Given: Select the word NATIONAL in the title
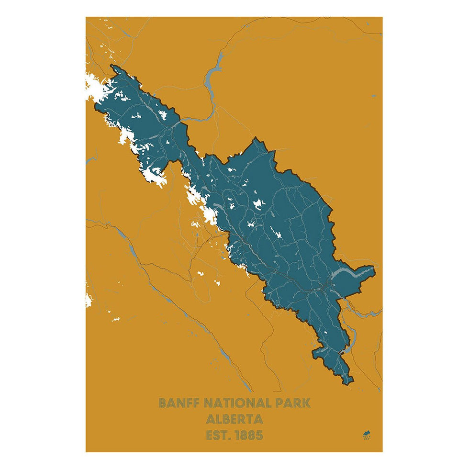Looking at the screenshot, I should click(237, 402).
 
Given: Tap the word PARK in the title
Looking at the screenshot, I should click(292, 402).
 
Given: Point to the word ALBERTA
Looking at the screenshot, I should click(234, 419).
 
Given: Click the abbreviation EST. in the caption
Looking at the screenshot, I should click(219, 435).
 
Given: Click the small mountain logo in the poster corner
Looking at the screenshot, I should click(367, 435).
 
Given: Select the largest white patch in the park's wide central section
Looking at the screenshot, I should click(259, 204).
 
